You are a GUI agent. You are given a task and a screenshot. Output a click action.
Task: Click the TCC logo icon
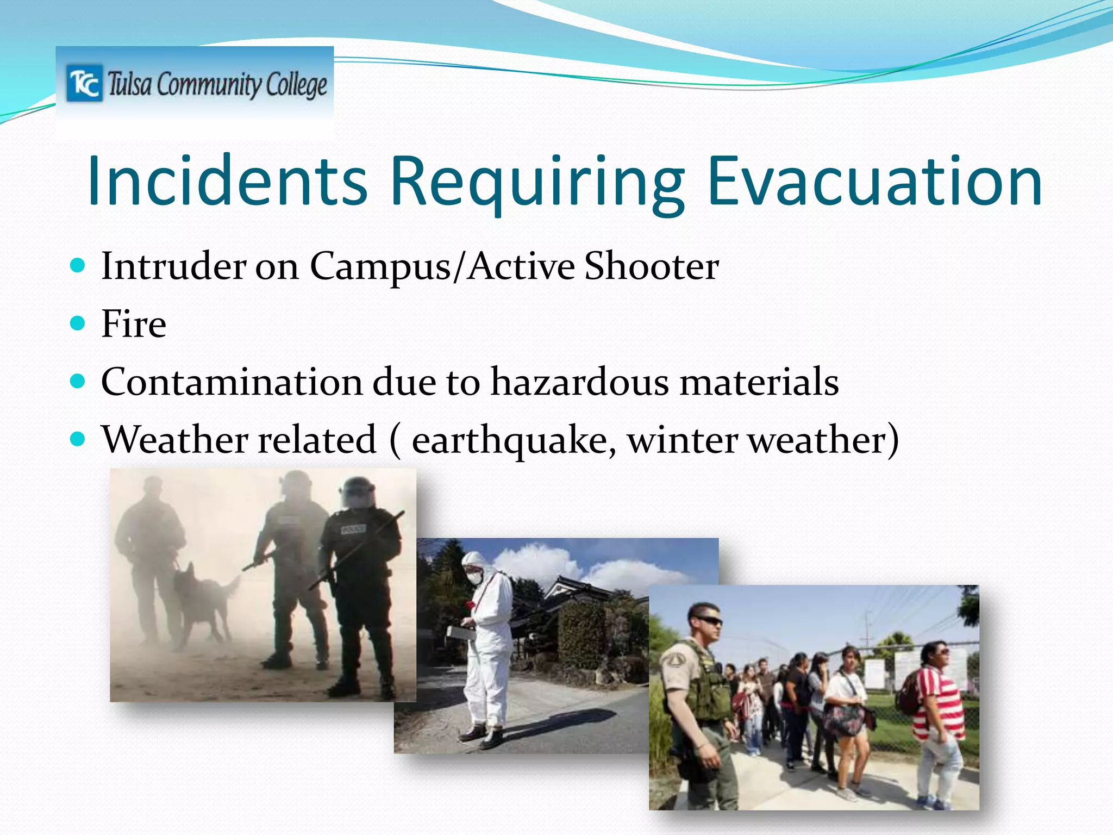click(84, 84)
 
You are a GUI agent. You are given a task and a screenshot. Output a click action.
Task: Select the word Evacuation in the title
click(874, 182)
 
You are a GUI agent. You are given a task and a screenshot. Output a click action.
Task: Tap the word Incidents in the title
click(227, 182)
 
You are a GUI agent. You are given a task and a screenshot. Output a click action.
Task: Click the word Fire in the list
click(134, 325)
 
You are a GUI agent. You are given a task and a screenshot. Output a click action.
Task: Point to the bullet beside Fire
click(78, 324)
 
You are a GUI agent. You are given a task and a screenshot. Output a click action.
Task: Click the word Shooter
click(651, 267)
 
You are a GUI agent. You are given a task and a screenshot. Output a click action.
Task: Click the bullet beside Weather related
click(78, 439)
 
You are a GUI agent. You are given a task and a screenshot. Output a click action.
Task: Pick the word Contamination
click(232, 382)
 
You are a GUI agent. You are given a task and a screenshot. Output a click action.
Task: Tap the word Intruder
click(173, 267)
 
